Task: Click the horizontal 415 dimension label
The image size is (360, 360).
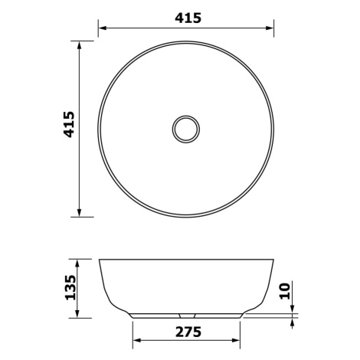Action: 188,18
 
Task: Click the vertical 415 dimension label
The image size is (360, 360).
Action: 69,124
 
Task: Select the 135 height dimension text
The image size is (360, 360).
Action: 70,287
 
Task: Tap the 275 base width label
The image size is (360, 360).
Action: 188,332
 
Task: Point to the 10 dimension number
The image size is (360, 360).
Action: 285,291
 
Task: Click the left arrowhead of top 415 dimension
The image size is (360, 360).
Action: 103,28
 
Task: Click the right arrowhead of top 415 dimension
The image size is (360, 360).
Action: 270,28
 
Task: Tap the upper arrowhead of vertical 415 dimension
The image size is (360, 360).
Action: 79,45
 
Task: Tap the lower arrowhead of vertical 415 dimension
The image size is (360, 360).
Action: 79,213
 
